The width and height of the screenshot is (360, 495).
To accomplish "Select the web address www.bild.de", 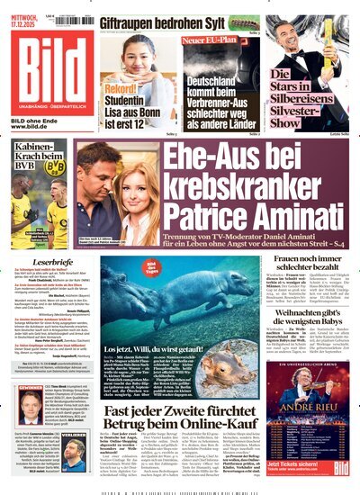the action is click(x=34, y=127).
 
